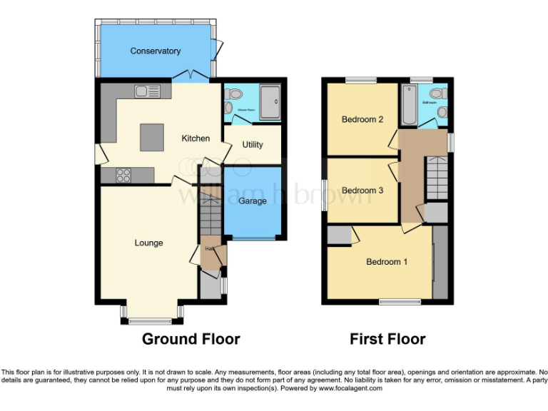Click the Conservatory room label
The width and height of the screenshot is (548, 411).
(x=155, y=51)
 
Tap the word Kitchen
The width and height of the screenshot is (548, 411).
(x=195, y=138)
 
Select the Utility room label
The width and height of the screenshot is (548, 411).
(x=253, y=145)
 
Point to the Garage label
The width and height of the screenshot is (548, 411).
(x=253, y=201)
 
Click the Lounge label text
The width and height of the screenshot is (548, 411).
(x=148, y=243)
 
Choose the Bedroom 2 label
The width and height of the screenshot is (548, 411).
(x=362, y=120)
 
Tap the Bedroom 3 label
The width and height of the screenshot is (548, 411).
(x=362, y=191)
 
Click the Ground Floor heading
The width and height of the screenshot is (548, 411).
(x=191, y=339)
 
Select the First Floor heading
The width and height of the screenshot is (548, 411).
(x=387, y=339)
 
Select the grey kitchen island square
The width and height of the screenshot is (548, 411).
(x=151, y=137)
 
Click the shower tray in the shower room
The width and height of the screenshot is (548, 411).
(x=271, y=103)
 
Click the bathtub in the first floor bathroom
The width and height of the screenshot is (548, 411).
(x=408, y=103)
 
